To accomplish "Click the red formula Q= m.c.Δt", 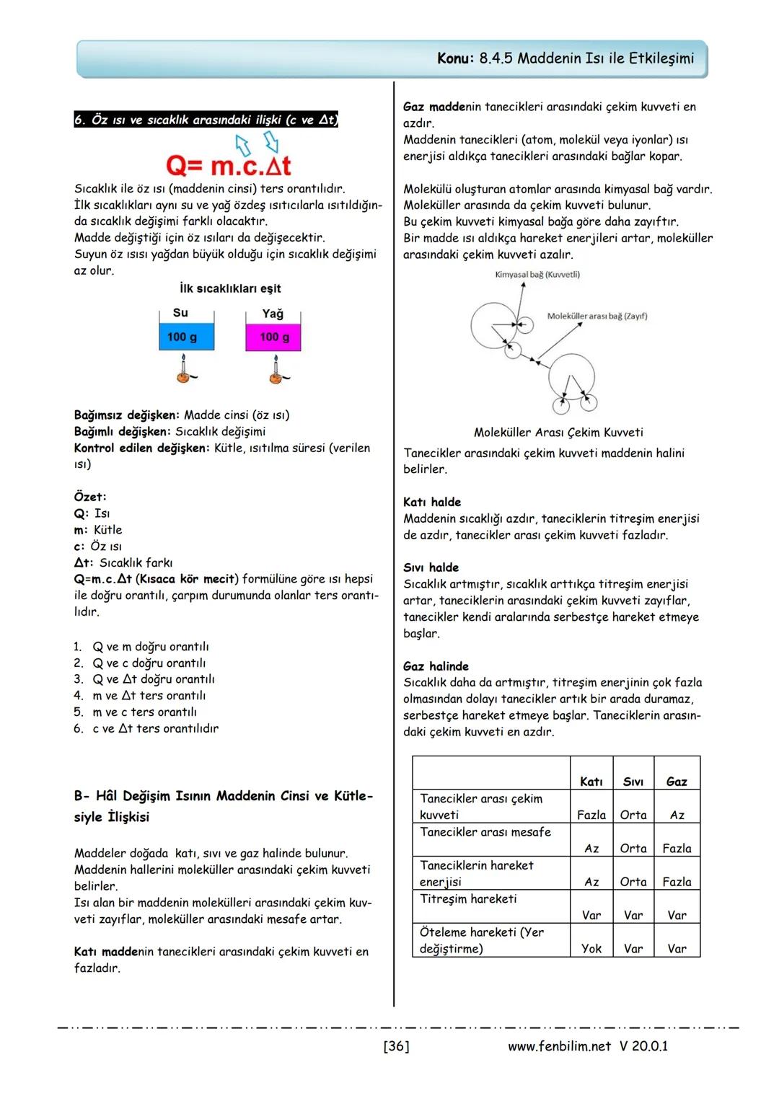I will point(229,166).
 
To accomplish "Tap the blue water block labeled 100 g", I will point(186,337).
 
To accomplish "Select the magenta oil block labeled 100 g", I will point(273,337).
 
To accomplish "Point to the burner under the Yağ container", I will point(275,370).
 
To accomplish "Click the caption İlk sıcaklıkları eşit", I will point(230,288).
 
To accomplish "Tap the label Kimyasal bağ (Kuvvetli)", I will point(537,275).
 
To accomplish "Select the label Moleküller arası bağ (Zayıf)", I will point(597,316).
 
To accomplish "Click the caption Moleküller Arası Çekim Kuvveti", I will point(558,433).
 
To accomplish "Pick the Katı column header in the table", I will point(591,782).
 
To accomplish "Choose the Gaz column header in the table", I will point(677,782).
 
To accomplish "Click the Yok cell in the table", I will point(591,949).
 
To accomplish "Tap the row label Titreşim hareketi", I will point(468,899).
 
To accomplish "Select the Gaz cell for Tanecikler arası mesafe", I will point(677,849).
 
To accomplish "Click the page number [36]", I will point(396,1046).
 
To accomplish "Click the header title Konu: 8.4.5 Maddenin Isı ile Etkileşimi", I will point(565,58).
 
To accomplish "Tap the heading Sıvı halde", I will point(431,567).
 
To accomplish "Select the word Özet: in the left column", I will point(90,497).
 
